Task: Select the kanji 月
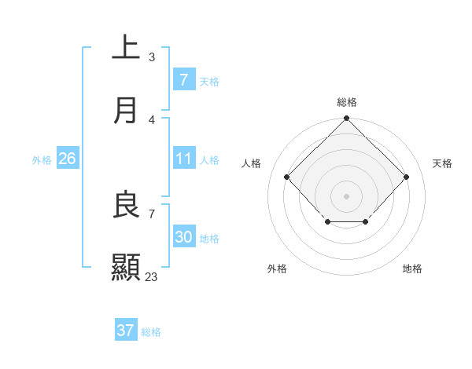click(126, 110)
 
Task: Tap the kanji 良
click(126, 206)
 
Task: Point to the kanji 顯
click(126, 267)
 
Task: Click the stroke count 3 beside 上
click(152, 57)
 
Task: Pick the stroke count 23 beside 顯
click(151, 276)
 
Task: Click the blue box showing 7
click(183, 79)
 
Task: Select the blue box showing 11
click(183, 159)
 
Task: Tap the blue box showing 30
click(183, 237)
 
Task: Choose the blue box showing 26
click(67, 159)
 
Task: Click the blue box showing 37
click(125, 331)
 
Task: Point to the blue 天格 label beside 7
click(209, 81)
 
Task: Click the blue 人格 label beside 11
click(209, 159)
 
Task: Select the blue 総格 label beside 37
click(151, 332)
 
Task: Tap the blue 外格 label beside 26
click(42, 159)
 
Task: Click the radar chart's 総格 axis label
click(347, 102)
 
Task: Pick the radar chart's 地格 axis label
click(412, 269)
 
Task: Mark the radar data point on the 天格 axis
click(406, 177)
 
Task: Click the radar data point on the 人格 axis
click(287, 177)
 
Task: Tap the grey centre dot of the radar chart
click(347, 195)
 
